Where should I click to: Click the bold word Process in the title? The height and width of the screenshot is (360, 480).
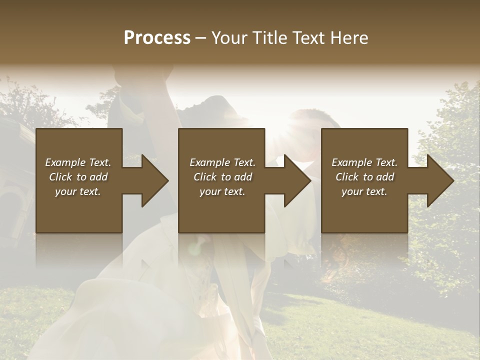click(x=157, y=38)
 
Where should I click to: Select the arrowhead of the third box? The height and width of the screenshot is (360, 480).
click(x=439, y=180)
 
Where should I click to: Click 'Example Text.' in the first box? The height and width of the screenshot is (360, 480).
click(x=78, y=162)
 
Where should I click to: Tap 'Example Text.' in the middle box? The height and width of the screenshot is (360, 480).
click(x=222, y=162)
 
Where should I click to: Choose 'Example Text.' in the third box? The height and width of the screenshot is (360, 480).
click(x=364, y=162)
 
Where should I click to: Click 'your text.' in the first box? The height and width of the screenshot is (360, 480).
click(x=78, y=191)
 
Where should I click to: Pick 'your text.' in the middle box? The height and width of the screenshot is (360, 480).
click(x=222, y=191)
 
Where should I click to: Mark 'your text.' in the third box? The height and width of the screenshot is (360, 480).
click(x=364, y=191)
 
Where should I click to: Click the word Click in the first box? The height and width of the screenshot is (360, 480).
click(x=60, y=177)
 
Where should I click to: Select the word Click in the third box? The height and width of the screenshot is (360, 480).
click(x=347, y=177)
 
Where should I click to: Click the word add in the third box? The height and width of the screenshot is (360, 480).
click(x=385, y=177)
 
